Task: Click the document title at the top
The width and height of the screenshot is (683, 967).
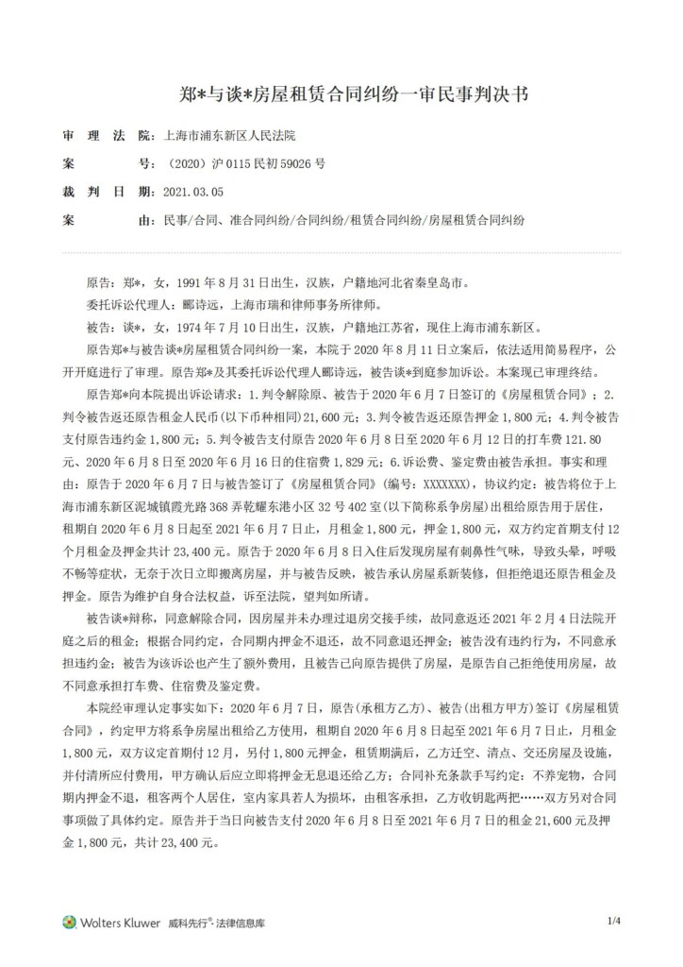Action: point(341,94)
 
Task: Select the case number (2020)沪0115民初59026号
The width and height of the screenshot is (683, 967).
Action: point(245,162)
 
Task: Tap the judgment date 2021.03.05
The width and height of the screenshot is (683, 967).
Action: point(193,190)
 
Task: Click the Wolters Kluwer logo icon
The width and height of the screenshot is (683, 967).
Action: point(69,922)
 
